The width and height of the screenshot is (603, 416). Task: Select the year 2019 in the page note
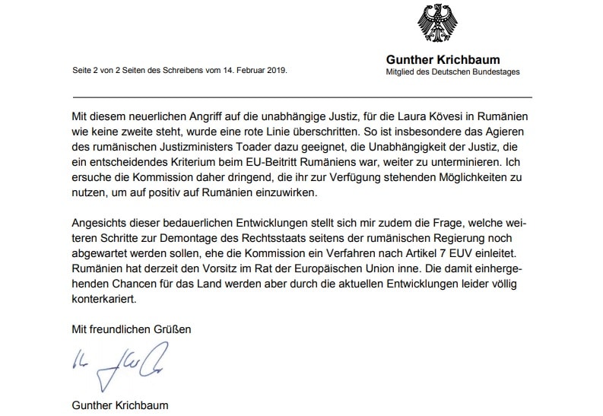coord(276,71)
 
